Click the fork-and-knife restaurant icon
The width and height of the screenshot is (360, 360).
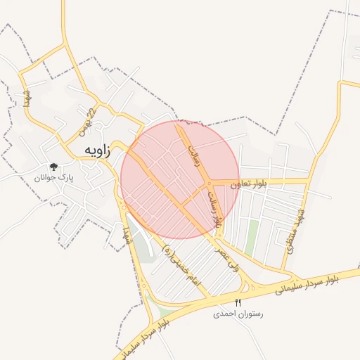[238, 303]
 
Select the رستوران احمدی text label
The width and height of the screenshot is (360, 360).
[238, 314]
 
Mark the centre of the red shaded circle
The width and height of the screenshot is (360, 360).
[180, 179]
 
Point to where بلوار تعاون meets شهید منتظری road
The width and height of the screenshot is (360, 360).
[308, 181]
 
